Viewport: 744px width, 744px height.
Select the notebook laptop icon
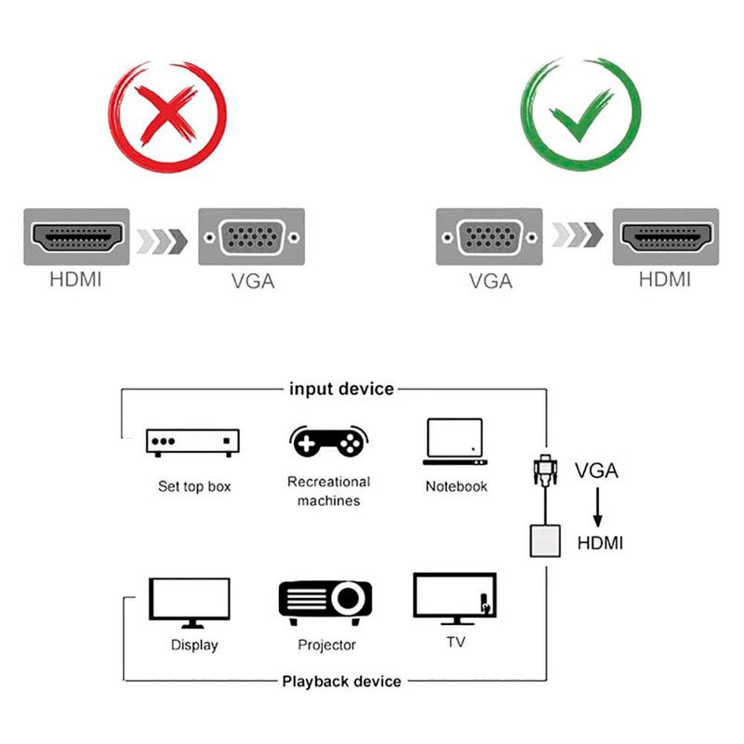[455, 441]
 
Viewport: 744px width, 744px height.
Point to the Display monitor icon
[191, 603]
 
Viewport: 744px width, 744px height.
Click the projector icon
[325, 603]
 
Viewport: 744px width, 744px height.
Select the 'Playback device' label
[341, 682]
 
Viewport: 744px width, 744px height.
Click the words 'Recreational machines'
[328, 491]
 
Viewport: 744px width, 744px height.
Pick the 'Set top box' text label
[193, 486]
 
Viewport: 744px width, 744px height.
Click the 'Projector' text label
[326, 644]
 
